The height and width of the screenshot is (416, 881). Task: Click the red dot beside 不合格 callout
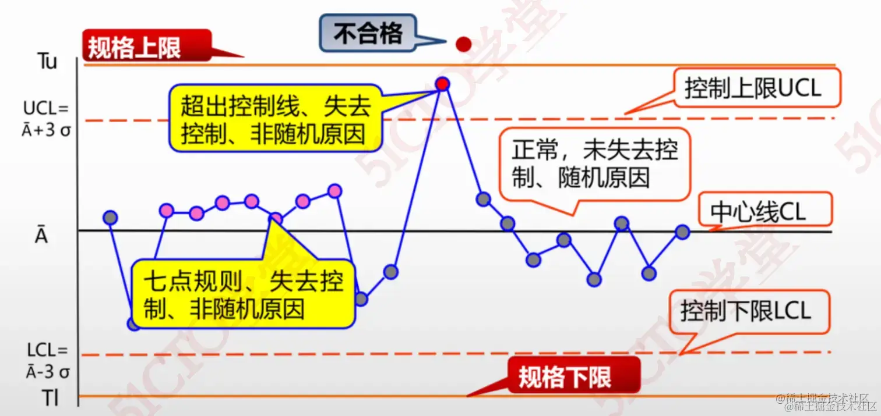[463, 44]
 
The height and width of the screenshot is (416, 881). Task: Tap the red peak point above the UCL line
[442, 84]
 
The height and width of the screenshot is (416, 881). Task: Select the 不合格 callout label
[368, 34]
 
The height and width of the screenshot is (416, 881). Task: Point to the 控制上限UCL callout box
[756, 88]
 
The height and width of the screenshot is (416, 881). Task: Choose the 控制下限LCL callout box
[749, 312]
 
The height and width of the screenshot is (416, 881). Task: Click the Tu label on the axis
[47, 62]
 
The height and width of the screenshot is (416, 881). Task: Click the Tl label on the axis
[50, 397]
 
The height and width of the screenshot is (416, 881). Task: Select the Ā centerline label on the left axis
[40, 236]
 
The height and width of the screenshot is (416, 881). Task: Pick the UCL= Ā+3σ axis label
[47, 118]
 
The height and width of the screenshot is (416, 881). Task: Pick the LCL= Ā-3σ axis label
[47, 360]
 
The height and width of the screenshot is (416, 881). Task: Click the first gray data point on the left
[110, 218]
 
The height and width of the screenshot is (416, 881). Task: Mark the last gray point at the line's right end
[682, 232]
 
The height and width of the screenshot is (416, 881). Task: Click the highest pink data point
[334, 191]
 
